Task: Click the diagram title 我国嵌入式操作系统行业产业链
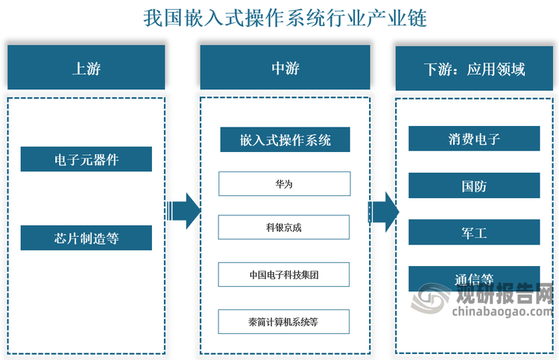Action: (285, 18)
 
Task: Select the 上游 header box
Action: (86, 67)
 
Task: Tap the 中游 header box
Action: (285, 67)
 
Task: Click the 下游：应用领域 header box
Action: (474, 68)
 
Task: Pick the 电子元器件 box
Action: (86, 159)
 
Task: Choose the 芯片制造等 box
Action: (86, 238)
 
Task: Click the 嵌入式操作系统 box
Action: (285, 139)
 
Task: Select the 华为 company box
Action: (285, 184)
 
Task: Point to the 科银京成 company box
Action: (284, 227)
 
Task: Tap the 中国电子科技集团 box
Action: (284, 274)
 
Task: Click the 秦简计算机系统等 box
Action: (284, 321)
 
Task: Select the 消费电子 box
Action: (474, 139)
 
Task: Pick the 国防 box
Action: (474, 186)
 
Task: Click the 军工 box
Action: (474, 232)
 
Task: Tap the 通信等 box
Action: (474, 279)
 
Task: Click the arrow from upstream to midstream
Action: (183, 211)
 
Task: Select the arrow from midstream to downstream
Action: (384, 212)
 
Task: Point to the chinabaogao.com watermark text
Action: (502, 311)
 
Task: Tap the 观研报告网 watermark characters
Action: (505, 293)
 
